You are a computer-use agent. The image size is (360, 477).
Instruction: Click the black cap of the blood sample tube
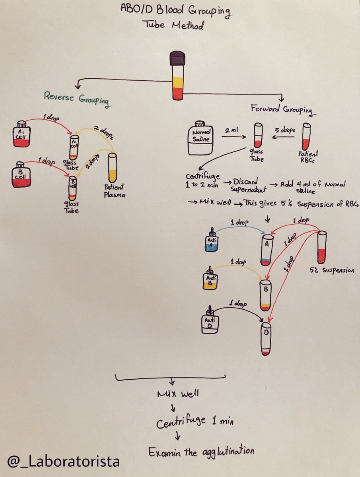tap(178, 58)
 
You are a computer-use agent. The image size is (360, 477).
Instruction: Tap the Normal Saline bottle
tap(200, 138)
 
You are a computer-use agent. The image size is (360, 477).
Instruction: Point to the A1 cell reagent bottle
tap(21, 134)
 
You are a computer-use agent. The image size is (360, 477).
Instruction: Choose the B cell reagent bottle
tap(21, 175)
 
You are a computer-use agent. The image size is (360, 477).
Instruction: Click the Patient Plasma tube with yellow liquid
tap(113, 168)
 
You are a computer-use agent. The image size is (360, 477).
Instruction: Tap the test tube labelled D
tap(266, 339)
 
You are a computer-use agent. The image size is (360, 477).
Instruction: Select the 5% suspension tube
tap(322, 247)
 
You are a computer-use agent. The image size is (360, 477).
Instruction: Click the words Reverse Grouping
tap(76, 99)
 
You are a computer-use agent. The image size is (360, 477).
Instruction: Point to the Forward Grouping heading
tap(283, 110)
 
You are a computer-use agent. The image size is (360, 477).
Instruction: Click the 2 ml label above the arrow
tap(232, 130)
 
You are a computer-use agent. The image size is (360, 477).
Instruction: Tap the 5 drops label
tap(285, 130)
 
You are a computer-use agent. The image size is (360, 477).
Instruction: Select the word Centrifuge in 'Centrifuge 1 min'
tap(181, 421)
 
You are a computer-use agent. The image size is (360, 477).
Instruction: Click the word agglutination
tap(228, 452)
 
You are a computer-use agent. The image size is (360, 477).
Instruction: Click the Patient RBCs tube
tap(307, 136)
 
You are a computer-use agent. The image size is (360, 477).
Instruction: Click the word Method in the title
tap(188, 25)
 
